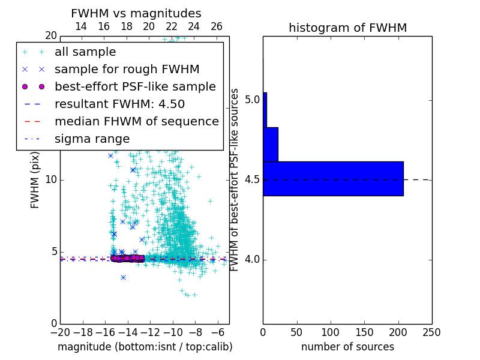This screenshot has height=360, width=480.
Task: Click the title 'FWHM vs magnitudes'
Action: [x=136, y=14]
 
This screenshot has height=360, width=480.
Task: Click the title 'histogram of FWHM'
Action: [x=347, y=28]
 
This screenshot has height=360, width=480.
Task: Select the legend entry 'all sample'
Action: [x=85, y=52]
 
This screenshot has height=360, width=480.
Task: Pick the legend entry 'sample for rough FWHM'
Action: [x=127, y=70]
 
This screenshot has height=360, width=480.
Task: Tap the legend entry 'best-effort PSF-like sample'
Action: [x=135, y=87]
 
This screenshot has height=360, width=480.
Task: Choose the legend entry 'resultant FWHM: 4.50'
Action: [x=119, y=104]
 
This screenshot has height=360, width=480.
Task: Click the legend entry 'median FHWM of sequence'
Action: [x=137, y=122]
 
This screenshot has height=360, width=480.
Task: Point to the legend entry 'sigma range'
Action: [x=92, y=139]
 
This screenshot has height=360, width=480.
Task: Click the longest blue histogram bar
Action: [x=333, y=179]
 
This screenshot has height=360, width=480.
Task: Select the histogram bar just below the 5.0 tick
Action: [x=271, y=145]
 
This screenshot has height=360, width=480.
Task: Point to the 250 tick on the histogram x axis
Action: [x=431, y=332]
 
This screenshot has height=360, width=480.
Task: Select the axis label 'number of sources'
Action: [x=347, y=347]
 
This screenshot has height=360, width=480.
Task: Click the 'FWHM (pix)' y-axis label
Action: [x=35, y=180]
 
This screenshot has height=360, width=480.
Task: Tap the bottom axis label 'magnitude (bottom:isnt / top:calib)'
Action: [x=145, y=347]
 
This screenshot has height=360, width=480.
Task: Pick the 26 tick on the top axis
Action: [x=217, y=26]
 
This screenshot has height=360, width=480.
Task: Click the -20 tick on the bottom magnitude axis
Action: [x=60, y=332]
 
